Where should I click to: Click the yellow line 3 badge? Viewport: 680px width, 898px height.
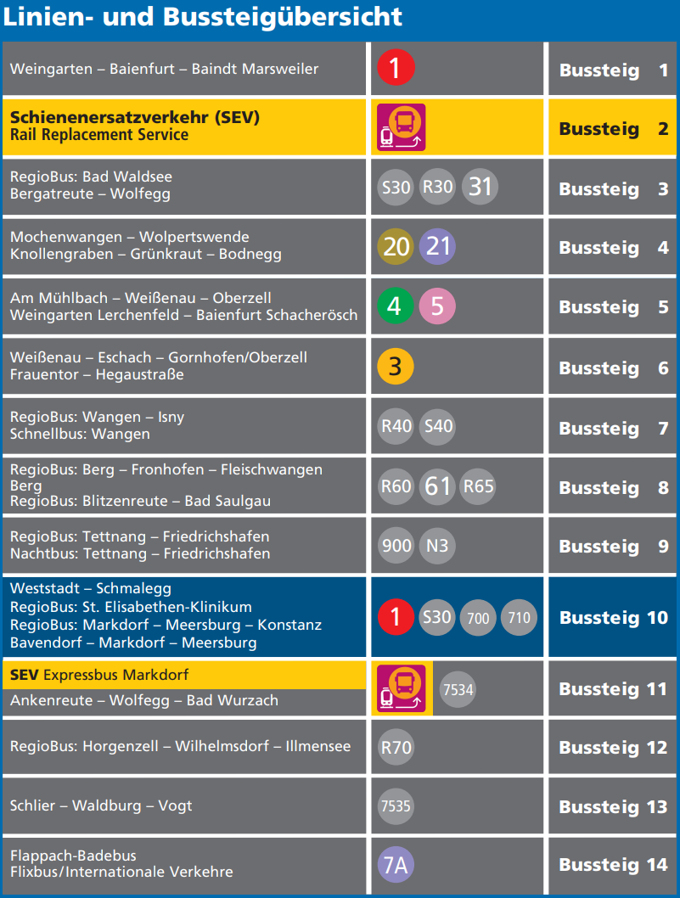(396, 367)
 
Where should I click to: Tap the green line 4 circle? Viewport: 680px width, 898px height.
(396, 306)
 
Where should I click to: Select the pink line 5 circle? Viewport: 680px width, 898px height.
(437, 306)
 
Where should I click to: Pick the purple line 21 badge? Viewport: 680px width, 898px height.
(437, 247)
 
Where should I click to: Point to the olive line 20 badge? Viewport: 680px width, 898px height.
(396, 247)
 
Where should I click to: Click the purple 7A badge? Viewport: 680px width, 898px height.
(396, 865)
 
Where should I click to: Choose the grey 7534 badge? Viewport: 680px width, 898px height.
(458, 689)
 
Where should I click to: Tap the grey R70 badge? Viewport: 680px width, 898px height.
(396, 748)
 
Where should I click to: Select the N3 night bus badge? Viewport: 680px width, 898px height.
(437, 546)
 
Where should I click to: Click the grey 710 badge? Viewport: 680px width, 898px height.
(519, 617)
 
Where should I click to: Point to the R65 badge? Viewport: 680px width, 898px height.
(478, 487)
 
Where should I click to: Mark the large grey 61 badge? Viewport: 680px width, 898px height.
(437, 487)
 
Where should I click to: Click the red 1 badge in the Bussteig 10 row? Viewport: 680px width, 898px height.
(396, 617)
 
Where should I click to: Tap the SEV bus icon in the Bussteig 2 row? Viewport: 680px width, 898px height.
(401, 127)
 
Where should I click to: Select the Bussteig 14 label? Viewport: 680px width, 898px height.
(613, 865)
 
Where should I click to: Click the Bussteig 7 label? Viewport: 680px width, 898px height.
(613, 429)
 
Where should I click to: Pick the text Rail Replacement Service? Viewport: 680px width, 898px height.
(99, 135)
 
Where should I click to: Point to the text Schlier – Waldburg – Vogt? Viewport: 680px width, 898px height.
(101, 805)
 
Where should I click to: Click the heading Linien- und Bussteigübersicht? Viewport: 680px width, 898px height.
(203, 17)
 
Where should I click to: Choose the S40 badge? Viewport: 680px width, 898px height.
(437, 426)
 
